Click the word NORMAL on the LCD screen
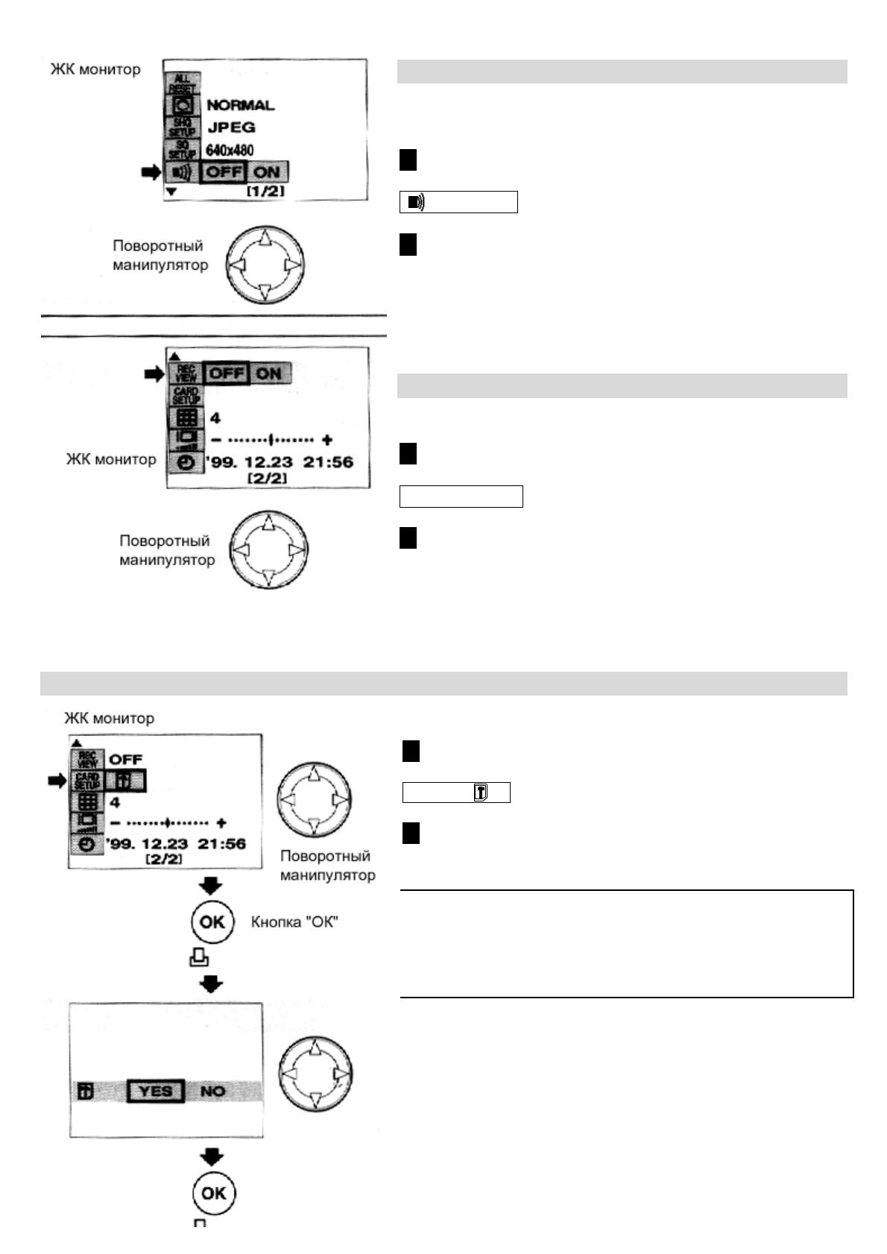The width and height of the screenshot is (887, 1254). [x=240, y=105]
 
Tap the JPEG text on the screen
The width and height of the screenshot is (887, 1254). [x=231, y=127]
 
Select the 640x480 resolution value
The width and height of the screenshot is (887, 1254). [x=230, y=151]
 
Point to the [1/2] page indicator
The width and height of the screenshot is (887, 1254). [x=265, y=192]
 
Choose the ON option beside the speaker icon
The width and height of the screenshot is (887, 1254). [x=267, y=172]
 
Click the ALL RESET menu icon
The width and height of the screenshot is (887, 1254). [x=182, y=83]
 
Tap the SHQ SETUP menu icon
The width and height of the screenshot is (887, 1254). [x=181, y=127]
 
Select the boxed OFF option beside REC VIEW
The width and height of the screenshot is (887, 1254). [x=226, y=373]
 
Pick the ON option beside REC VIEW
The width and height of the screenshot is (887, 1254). [x=268, y=373]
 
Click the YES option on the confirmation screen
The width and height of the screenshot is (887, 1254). [x=155, y=1091]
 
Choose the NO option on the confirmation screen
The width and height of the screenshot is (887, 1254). [x=212, y=1091]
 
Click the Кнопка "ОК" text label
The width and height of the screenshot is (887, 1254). [x=294, y=922]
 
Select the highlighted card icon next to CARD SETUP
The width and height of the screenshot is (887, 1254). [x=124, y=781]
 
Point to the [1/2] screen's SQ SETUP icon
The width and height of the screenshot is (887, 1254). [x=181, y=150]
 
